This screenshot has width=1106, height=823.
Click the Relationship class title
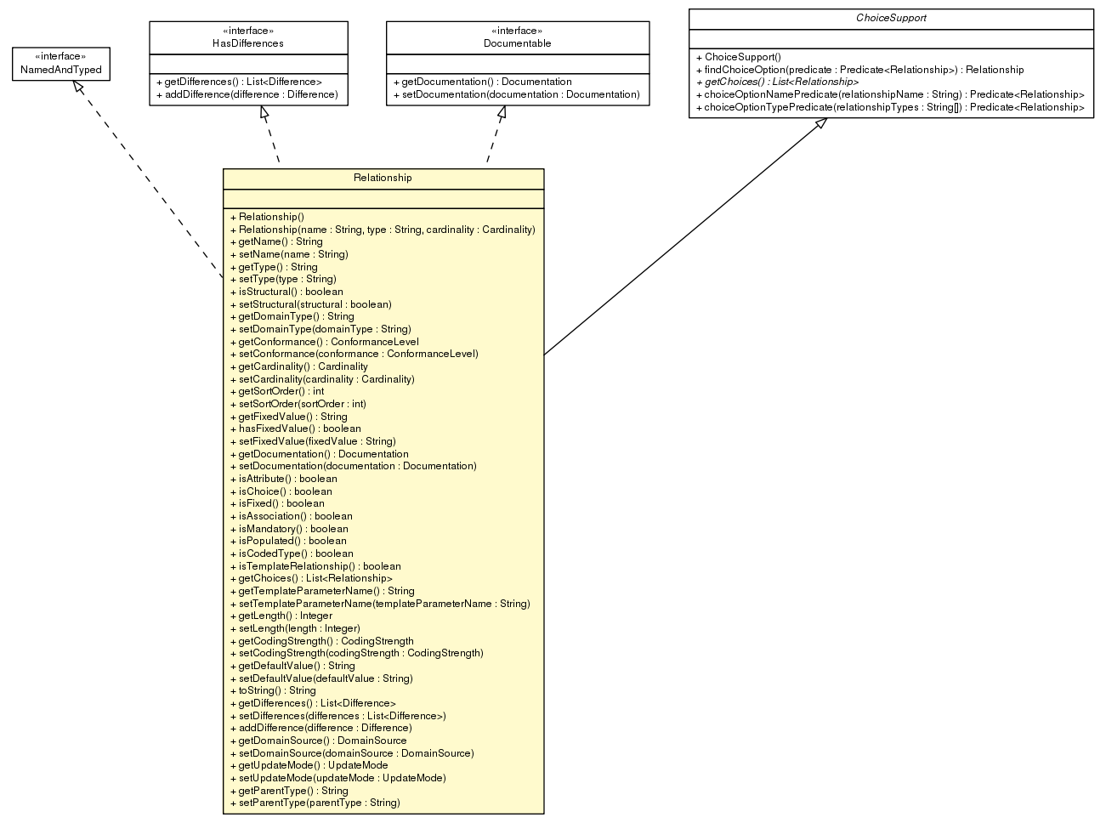coord(383,178)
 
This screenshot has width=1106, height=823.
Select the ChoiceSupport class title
coord(891,18)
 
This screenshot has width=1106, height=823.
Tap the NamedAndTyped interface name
coord(61,70)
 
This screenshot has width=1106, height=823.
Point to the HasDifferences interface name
coord(248,43)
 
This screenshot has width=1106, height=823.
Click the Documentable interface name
coord(517,43)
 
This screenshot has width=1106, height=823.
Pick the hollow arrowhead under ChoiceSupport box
coord(820,124)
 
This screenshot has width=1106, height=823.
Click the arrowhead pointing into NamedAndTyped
coord(77,87)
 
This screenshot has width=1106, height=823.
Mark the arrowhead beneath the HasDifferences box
coord(265,112)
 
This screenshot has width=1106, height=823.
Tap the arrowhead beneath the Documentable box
coord(502,112)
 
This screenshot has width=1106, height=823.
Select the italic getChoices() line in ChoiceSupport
coord(777,82)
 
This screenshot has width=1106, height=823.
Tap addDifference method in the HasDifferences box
coord(247,94)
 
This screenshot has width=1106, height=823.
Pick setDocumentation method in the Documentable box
coord(516,94)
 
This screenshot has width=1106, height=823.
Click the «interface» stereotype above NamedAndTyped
coord(61,57)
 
